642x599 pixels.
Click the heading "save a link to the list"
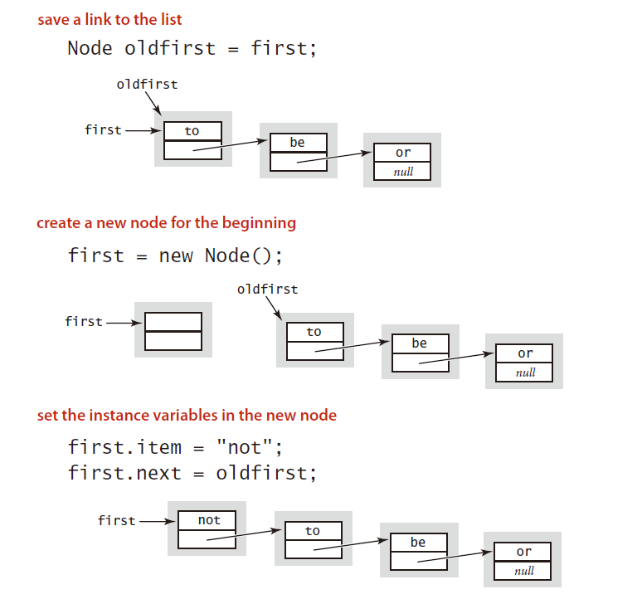(x=121, y=20)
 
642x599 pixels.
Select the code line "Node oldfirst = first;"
(x=192, y=48)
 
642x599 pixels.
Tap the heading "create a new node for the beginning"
(x=166, y=223)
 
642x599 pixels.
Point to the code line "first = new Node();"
(x=175, y=256)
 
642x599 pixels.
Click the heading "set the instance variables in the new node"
(x=187, y=415)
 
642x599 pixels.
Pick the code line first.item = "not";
(x=175, y=448)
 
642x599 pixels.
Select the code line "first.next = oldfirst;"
(x=192, y=474)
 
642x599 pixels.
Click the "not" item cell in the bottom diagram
(x=208, y=520)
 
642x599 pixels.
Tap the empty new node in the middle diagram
(x=173, y=331)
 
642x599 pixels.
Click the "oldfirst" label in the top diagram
(x=147, y=84)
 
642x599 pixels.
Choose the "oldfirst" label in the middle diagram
(x=267, y=290)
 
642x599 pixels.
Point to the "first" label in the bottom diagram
(x=116, y=520)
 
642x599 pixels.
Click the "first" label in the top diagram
(x=103, y=130)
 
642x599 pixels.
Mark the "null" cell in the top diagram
(x=403, y=172)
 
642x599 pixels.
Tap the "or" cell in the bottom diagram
(x=524, y=552)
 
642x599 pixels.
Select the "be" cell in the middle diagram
(x=420, y=343)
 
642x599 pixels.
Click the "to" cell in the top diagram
(x=192, y=131)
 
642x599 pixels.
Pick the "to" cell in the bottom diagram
(x=313, y=531)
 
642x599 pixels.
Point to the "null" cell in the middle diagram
(x=525, y=373)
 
